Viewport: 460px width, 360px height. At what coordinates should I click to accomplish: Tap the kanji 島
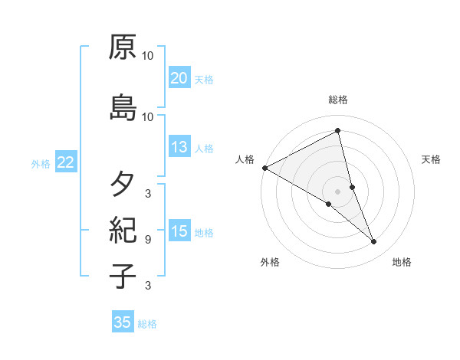click(123, 107)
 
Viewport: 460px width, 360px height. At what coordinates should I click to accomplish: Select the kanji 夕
click(123, 185)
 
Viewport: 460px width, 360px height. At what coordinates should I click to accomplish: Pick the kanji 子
click(123, 276)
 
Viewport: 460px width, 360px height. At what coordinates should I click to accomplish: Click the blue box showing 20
click(179, 77)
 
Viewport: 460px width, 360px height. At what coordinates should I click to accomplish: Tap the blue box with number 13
click(179, 147)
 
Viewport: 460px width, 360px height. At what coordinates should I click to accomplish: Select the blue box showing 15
click(179, 231)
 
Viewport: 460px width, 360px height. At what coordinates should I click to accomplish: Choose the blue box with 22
click(66, 162)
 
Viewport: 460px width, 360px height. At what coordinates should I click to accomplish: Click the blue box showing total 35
click(123, 322)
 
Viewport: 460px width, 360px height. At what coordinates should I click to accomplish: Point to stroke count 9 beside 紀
click(147, 240)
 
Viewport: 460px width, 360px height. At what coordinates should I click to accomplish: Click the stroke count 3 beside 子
click(147, 286)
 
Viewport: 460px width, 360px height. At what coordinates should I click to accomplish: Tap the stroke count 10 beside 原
click(148, 56)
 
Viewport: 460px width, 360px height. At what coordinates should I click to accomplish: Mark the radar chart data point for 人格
click(264, 168)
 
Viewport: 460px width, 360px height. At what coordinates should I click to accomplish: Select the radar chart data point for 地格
click(374, 242)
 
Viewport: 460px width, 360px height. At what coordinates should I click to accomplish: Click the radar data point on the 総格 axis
click(338, 130)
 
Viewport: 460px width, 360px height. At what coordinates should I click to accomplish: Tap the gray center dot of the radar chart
click(338, 191)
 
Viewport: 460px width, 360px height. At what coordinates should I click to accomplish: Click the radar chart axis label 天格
click(432, 159)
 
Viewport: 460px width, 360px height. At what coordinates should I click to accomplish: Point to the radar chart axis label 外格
click(270, 262)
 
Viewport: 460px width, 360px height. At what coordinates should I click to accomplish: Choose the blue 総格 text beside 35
click(147, 324)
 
